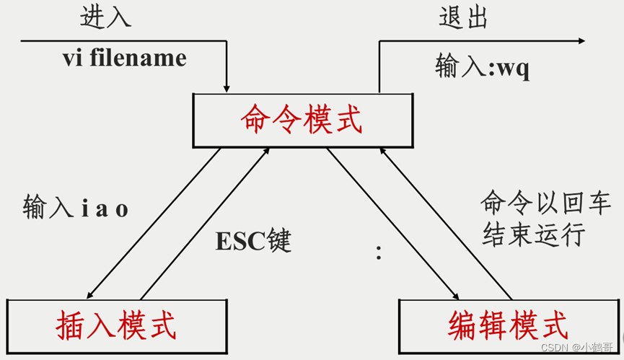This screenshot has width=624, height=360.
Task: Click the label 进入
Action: coord(106,17)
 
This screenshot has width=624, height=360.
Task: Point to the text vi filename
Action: coord(124,57)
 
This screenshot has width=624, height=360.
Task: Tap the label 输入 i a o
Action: coord(76,208)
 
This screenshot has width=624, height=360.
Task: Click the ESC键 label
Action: coord(253,240)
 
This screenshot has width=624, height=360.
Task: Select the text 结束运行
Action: coord(532,236)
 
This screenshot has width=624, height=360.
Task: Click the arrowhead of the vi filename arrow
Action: coord(227,87)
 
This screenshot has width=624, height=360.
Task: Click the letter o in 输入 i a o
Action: coord(122,210)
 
